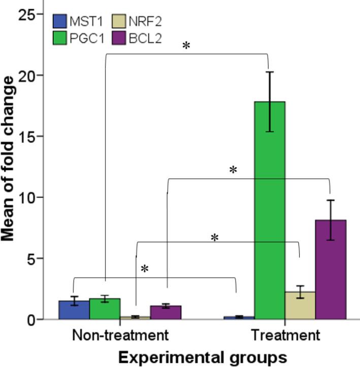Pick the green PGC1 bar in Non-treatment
coord(105,309)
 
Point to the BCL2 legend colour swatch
coord(119,38)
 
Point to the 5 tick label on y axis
coord(31,258)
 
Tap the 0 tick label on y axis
coord(31,319)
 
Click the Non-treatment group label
coord(120,335)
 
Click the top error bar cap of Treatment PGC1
coord(270,72)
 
